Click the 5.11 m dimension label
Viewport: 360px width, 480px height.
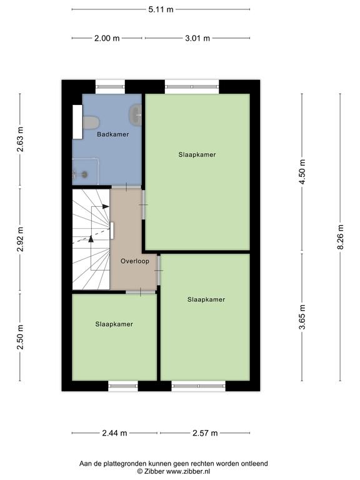[161, 9]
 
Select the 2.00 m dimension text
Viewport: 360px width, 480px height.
[107, 38]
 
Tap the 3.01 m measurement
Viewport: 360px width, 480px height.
[197, 38]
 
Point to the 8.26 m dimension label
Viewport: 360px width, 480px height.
[341, 237]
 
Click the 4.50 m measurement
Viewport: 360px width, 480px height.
[302, 172]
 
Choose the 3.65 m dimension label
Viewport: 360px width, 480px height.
[302, 317]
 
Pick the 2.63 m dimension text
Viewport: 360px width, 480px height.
[20, 139]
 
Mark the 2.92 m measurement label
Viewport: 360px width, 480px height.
[20, 239]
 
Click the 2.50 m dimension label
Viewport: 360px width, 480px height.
[20, 337]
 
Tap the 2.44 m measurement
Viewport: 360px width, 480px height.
[114, 433]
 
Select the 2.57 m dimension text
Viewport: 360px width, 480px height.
[205, 433]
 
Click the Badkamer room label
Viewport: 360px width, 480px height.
[113, 134]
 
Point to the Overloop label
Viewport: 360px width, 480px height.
[135, 261]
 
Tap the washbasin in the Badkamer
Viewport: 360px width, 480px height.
[135, 115]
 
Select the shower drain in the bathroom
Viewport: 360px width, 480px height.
[84, 174]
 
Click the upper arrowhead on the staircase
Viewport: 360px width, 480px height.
[106, 207]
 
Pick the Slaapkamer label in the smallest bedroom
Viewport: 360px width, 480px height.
[114, 324]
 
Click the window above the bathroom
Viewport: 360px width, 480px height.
[110, 87]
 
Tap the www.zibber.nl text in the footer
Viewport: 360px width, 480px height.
[188, 471]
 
